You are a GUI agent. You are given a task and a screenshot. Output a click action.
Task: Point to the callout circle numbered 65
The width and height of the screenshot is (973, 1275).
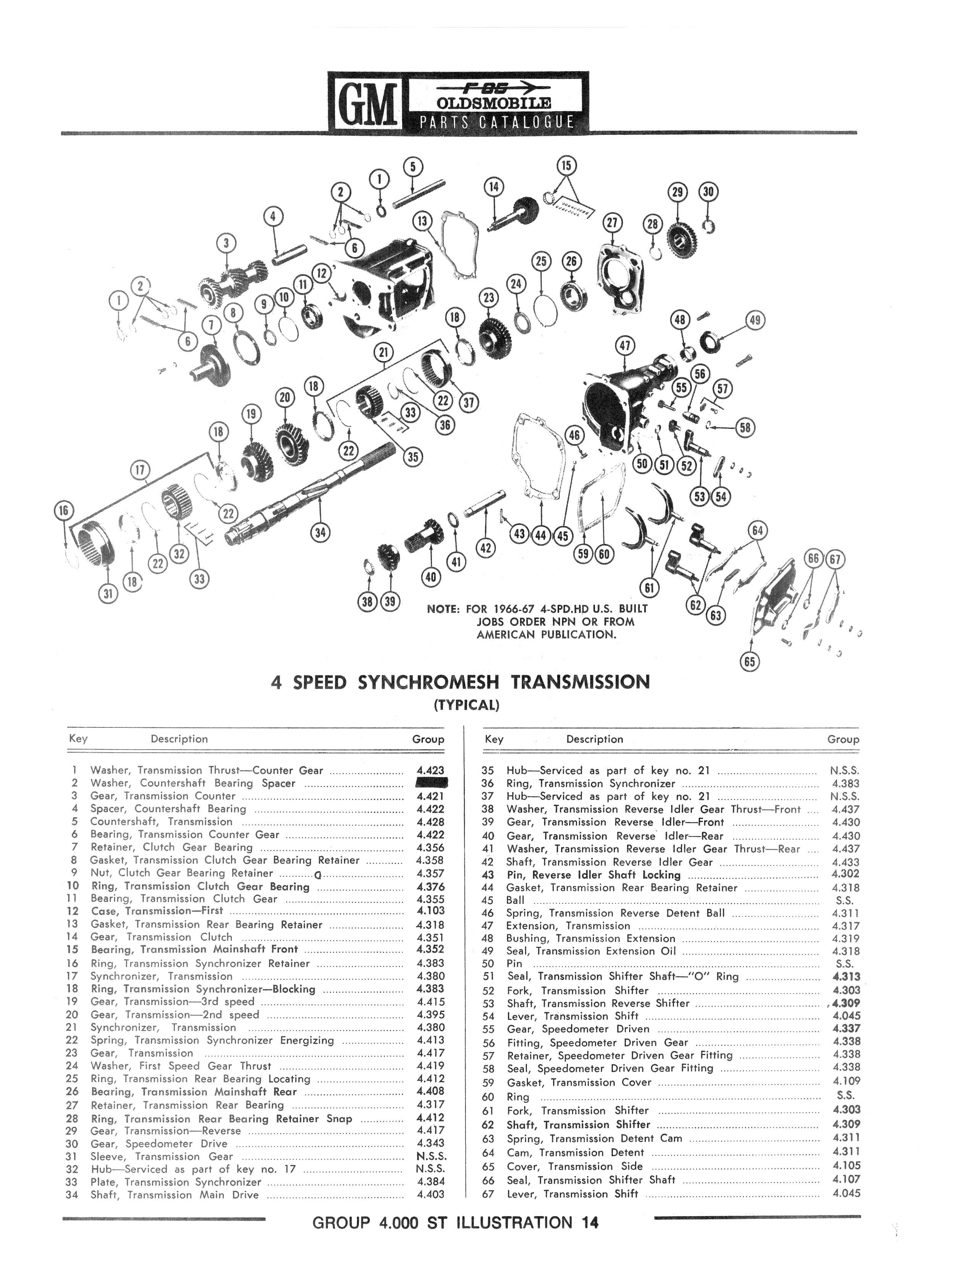pos(750,661)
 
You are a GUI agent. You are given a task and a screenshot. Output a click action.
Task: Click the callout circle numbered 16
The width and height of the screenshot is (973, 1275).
pos(64,511)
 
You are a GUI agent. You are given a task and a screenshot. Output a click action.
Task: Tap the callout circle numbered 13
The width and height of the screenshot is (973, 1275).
pos(423,221)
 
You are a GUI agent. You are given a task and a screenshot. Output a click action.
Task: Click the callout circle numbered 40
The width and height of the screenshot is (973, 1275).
pos(430,576)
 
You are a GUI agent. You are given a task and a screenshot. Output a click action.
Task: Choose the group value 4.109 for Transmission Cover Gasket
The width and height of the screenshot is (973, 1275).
pos(846,1081)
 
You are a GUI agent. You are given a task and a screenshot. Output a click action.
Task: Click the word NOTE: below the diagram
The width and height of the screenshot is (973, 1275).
pos(443,609)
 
